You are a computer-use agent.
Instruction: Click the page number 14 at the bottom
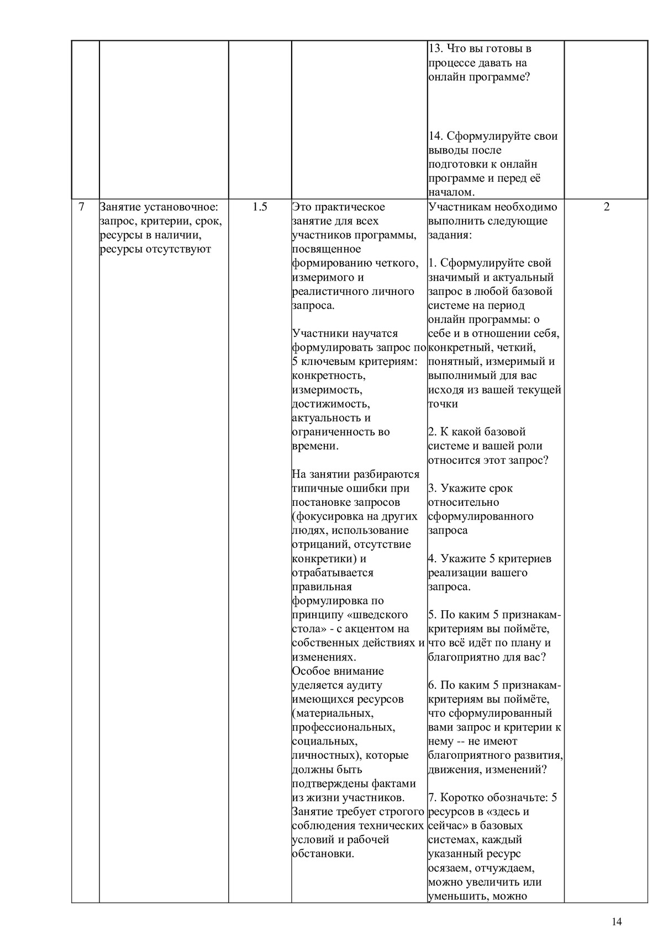coord(617,921)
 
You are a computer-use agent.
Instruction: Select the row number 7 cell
coord(82,207)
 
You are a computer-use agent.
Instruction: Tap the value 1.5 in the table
coord(260,207)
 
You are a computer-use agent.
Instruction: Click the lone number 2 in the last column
coord(607,207)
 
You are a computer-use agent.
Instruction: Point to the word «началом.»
coord(451,192)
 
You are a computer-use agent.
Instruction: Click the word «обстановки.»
coord(323,853)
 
